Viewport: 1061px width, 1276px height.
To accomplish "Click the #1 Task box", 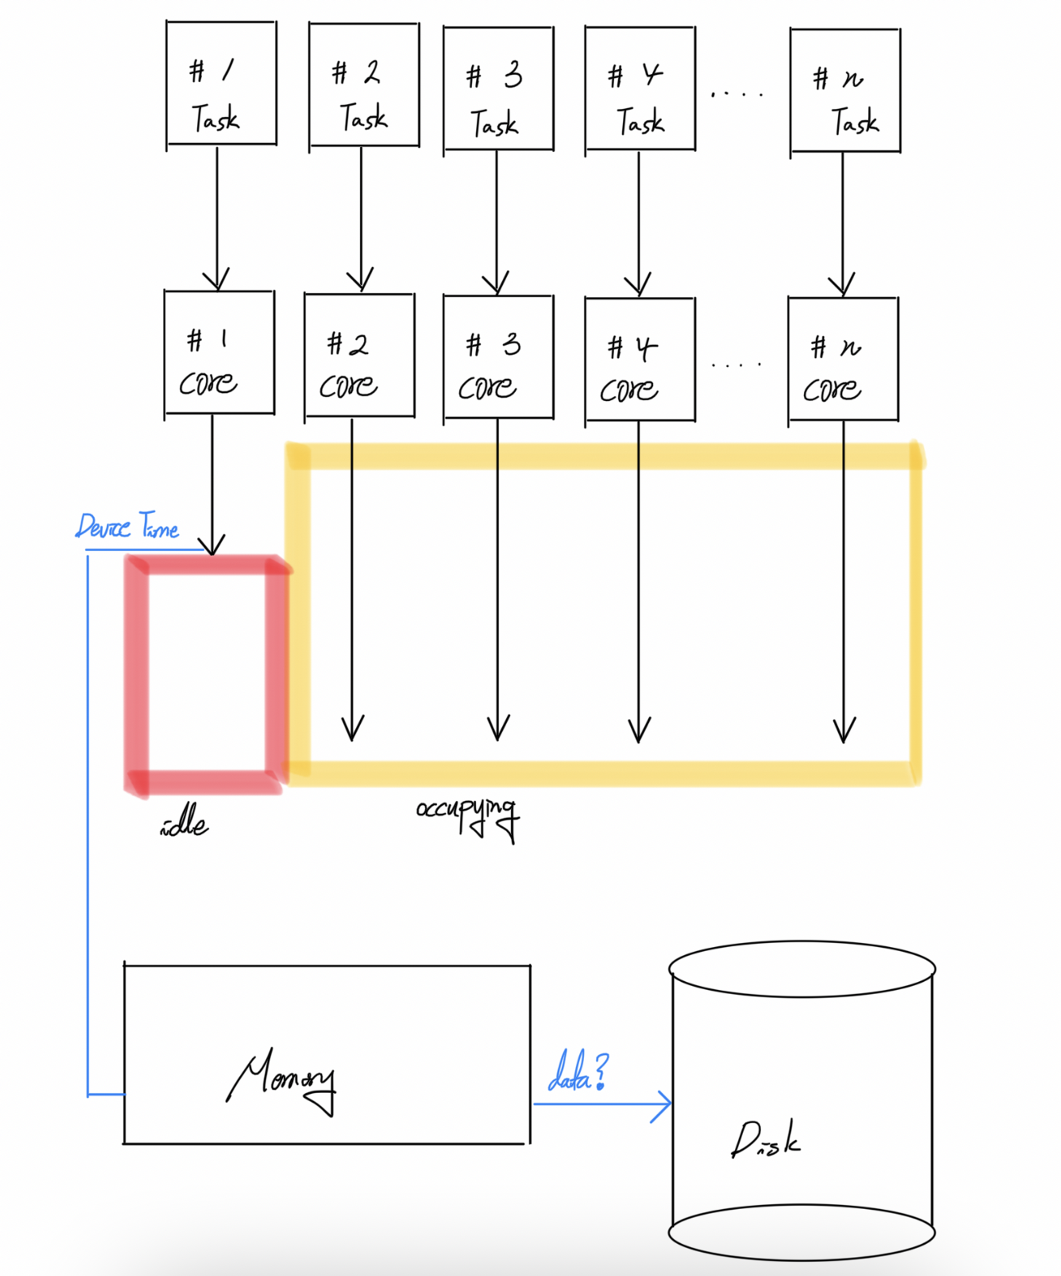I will tap(221, 83).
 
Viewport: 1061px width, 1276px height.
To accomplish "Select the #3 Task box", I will tap(499, 89).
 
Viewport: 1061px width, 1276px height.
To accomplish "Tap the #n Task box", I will tap(845, 90).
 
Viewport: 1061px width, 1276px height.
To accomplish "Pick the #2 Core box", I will tap(359, 356).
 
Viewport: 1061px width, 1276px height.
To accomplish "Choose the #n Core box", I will tap(843, 359).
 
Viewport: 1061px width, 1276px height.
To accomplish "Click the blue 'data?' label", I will tap(578, 1072).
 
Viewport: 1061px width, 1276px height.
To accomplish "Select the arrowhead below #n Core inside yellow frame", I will tap(844, 731).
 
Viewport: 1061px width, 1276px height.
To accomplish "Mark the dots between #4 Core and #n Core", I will tap(736, 365).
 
